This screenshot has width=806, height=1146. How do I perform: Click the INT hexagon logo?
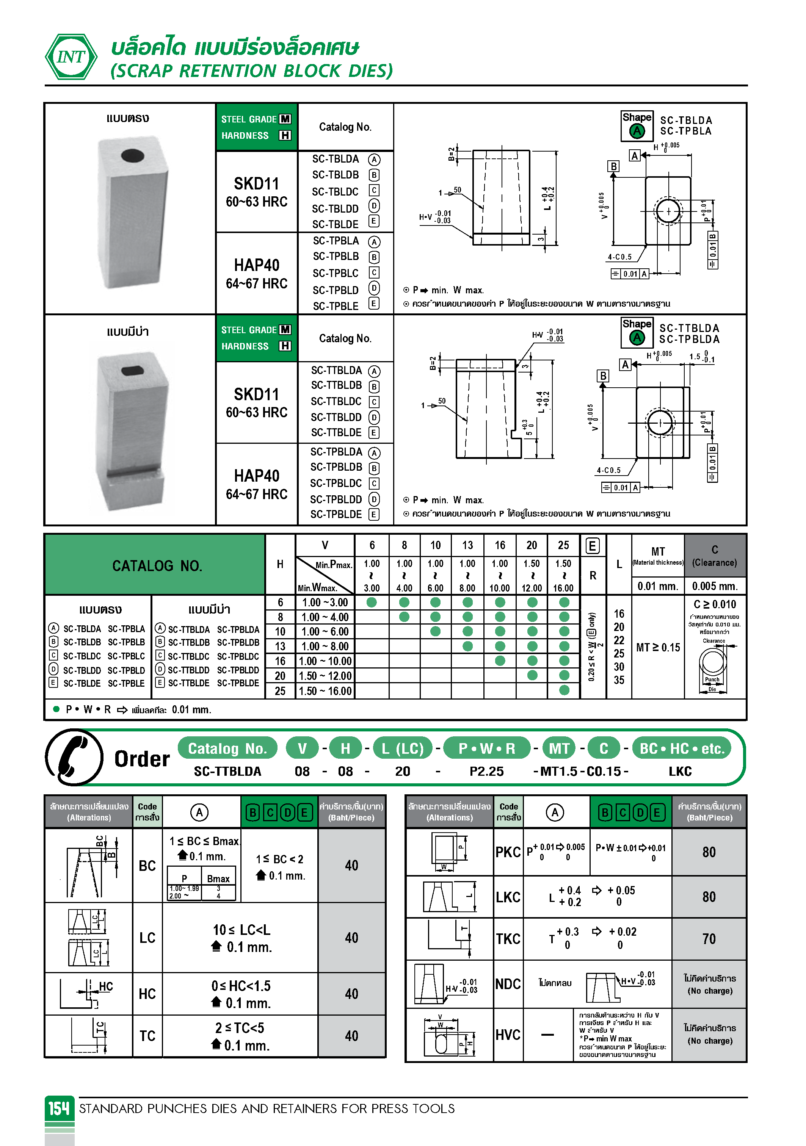(x=71, y=57)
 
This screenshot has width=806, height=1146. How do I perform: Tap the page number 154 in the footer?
(x=59, y=1108)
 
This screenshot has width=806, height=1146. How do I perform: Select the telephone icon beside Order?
(x=74, y=757)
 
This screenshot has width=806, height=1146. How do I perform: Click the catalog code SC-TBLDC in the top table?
(x=335, y=192)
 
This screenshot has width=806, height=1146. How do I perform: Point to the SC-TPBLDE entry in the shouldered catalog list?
(x=336, y=514)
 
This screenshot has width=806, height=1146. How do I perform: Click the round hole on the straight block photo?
(x=132, y=155)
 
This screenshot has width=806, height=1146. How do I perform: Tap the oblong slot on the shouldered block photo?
(x=132, y=370)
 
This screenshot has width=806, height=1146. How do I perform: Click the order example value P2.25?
(x=486, y=771)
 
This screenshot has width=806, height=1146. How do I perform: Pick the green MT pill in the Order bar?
(x=559, y=748)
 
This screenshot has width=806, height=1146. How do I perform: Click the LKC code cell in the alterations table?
(x=508, y=897)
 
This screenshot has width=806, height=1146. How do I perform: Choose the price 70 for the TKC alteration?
(x=709, y=939)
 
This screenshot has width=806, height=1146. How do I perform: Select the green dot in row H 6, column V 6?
(x=372, y=603)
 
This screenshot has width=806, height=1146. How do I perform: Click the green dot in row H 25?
(x=564, y=690)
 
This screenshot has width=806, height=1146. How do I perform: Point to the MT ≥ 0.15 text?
(x=658, y=647)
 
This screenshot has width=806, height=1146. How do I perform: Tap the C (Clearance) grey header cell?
(x=714, y=556)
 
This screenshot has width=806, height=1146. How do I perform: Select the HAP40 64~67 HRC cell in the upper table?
(x=257, y=274)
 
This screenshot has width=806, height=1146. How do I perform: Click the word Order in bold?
(x=142, y=759)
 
